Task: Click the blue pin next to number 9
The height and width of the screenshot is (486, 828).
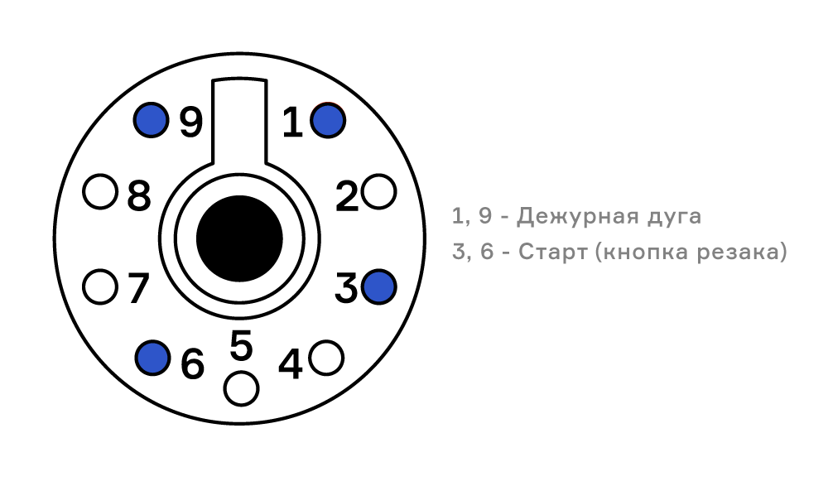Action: [x=151, y=120]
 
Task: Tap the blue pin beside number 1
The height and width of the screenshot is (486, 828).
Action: [x=328, y=120]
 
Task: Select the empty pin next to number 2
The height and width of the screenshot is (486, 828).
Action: [x=379, y=192]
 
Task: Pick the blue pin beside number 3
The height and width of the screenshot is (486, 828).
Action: [x=379, y=286]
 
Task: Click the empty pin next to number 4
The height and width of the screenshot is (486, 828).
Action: [x=326, y=358]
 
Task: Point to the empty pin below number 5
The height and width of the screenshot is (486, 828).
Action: [x=241, y=388]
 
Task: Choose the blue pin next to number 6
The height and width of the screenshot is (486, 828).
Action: [x=152, y=358]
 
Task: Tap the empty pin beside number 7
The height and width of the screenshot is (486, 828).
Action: [x=100, y=286]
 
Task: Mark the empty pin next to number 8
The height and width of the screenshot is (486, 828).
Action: [x=100, y=192]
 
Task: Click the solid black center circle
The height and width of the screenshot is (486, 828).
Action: [x=240, y=238]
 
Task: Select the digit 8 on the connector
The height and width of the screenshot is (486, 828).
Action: [x=139, y=196]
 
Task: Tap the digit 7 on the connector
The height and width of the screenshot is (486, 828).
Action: [x=138, y=288]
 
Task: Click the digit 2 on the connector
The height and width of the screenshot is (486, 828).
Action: [x=347, y=196]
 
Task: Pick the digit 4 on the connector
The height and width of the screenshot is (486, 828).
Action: [x=291, y=363]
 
